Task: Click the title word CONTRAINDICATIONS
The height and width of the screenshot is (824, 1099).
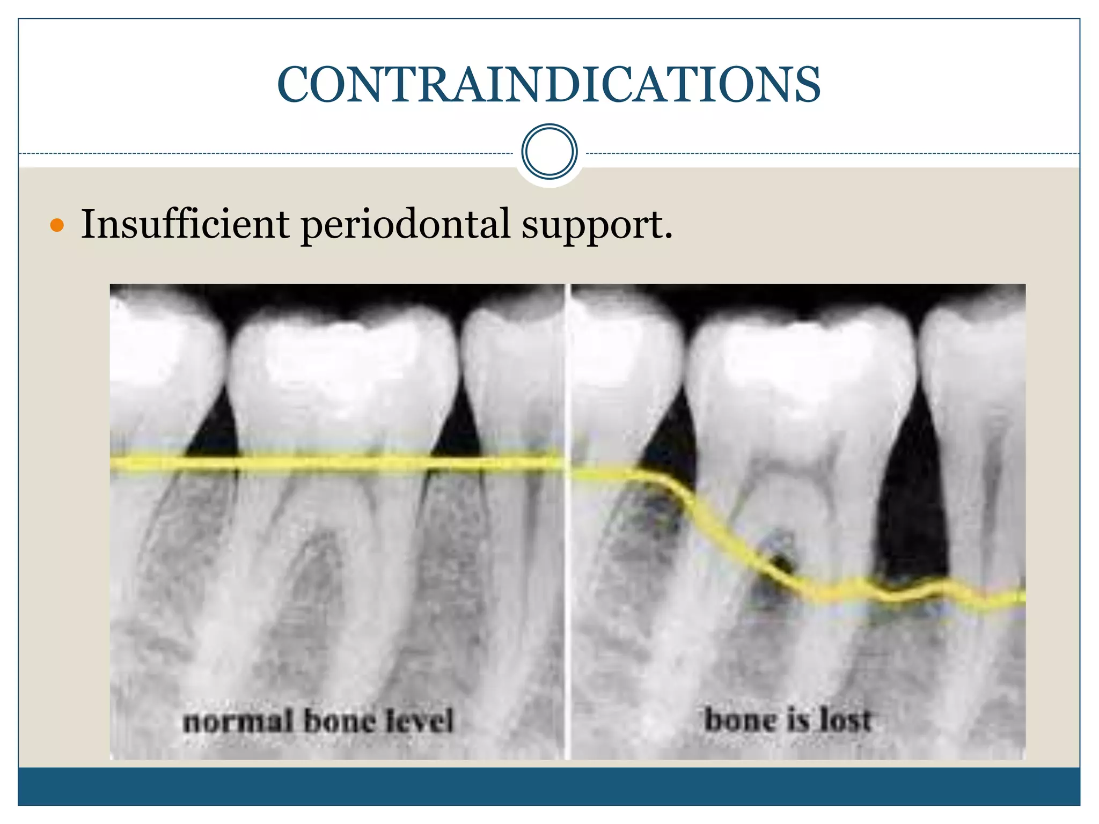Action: coord(548,85)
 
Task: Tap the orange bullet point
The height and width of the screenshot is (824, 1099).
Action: coord(57,225)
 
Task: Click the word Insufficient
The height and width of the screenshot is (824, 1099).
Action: coord(185,224)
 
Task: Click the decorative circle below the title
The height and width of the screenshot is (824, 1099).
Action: coord(549,151)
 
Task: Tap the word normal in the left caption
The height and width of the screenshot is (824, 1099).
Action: coord(238,721)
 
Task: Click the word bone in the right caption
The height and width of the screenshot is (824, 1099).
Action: coord(739,720)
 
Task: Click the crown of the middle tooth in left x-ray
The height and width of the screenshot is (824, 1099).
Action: coord(343,365)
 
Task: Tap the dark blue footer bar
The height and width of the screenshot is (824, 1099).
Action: coord(548,786)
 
